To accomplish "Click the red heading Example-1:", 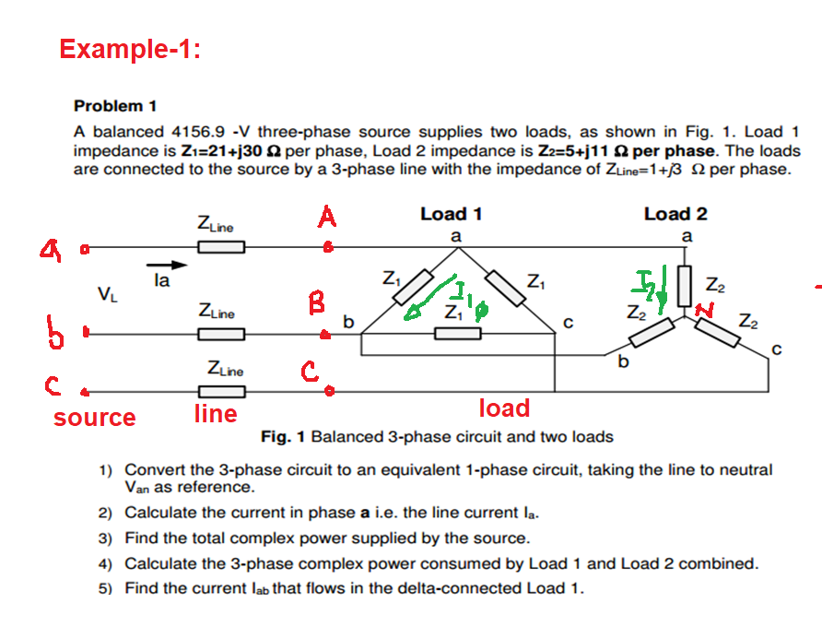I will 130,48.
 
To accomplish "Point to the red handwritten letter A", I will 326,219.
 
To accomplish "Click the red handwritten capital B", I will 316,302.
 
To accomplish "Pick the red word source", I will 94,418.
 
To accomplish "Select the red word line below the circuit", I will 215,414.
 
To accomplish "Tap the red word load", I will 504,408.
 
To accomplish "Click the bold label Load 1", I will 451,214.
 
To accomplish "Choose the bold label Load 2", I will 675,214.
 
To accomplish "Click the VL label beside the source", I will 108,295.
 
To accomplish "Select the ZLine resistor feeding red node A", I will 220,246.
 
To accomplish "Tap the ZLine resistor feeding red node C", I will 220,390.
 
